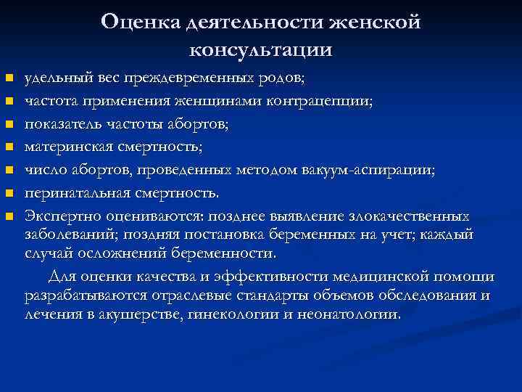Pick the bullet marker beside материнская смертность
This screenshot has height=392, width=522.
tap(9, 147)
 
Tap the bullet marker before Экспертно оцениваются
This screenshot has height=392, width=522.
tap(9, 217)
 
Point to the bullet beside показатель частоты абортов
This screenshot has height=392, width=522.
tap(9, 124)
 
